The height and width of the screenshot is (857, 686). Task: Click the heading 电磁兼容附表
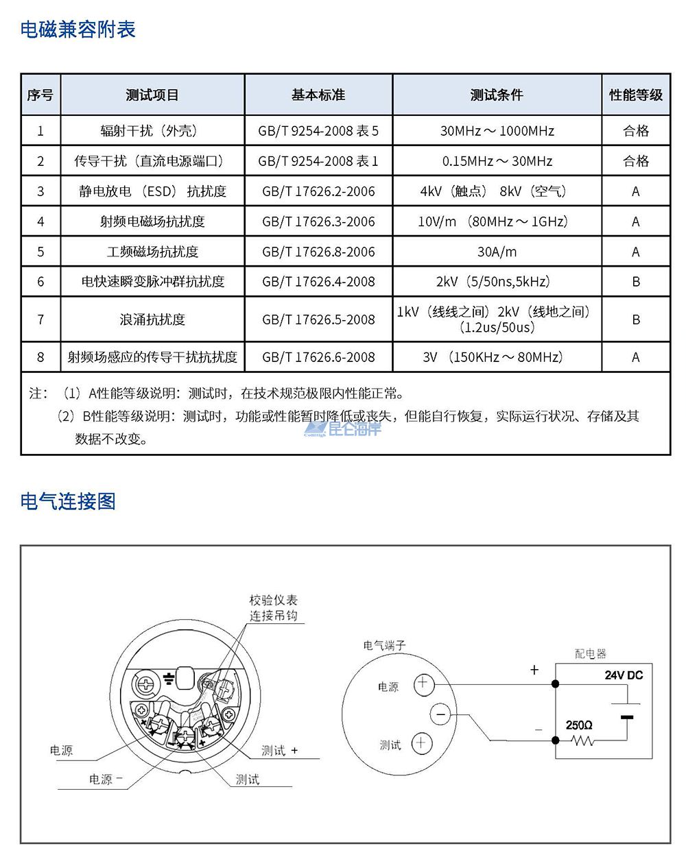[x=78, y=29]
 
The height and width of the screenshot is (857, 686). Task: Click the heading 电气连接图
[x=68, y=501]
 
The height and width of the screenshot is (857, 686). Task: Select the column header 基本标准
[x=318, y=95]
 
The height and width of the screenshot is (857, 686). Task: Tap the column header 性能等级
[x=635, y=95]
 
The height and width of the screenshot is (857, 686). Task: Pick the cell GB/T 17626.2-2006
[x=318, y=191]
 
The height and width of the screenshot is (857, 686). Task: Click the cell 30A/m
[x=497, y=252]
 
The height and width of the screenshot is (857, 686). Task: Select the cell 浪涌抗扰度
[x=152, y=319]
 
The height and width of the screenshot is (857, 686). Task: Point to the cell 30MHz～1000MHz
[x=497, y=131]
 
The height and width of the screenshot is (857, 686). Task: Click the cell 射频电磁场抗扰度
[x=152, y=221]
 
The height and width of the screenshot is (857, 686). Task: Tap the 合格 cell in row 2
[x=635, y=161]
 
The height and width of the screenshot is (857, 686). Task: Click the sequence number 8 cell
[x=40, y=357]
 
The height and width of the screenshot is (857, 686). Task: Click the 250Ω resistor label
[x=579, y=725]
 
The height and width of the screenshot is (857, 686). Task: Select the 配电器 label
[x=590, y=654]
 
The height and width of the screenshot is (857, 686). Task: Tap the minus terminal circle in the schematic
[x=441, y=715]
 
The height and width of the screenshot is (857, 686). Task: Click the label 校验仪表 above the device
[x=273, y=600]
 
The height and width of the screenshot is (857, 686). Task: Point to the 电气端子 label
[x=384, y=645]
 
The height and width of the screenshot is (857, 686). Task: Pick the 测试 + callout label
[x=279, y=751]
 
